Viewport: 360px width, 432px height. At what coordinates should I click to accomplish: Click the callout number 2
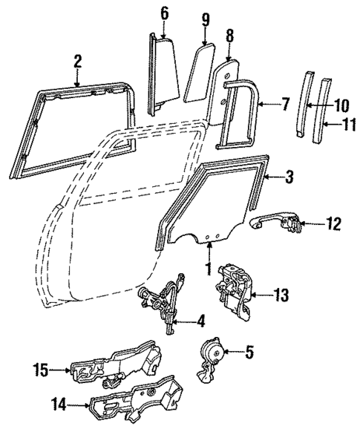(x=77, y=60)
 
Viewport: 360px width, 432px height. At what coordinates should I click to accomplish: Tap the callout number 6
(x=165, y=13)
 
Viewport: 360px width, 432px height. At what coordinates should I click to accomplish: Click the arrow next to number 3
(x=273, y=177)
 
